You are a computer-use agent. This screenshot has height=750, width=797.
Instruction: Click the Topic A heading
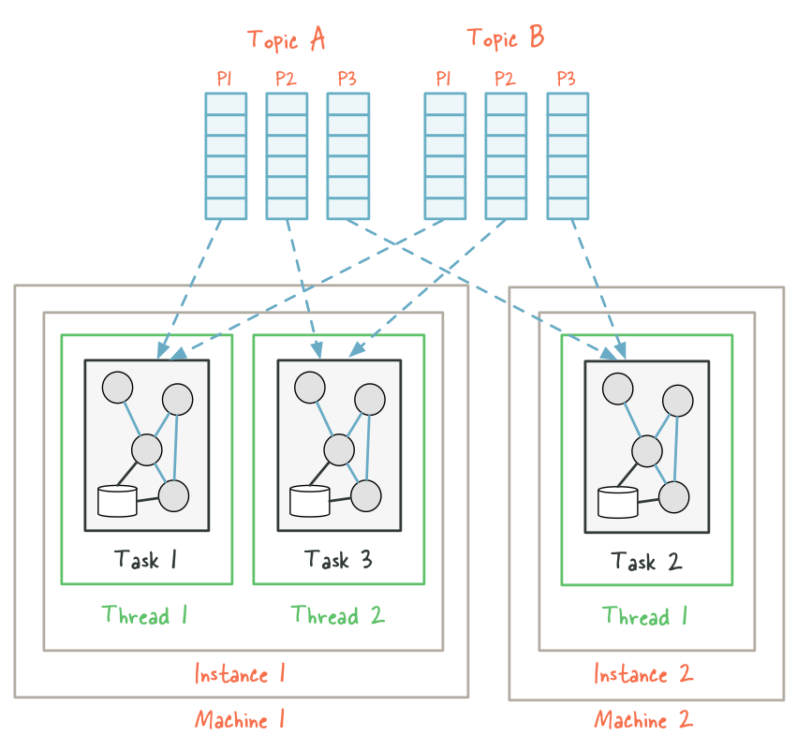[286, 39]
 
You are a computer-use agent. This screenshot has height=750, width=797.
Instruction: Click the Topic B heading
[505, 38]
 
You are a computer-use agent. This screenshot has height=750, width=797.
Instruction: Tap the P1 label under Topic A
[225, 79]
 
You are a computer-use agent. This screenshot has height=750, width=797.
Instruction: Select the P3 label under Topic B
[566, 79]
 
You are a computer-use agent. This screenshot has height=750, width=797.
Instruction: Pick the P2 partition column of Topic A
[287, 155]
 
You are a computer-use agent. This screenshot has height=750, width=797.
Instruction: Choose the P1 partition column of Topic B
[445, 155]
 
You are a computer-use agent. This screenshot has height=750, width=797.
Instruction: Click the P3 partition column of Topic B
[568, 155]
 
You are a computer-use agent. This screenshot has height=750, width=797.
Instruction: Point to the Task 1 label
[146, 560]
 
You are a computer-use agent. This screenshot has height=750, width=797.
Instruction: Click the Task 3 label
[338, 560]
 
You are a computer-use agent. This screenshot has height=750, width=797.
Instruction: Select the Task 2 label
[646, 562]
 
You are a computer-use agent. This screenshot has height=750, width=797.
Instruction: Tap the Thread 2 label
[337, 616]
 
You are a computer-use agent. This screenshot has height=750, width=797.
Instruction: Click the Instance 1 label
[240, 673]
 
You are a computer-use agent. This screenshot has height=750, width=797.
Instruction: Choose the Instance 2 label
[643, 674]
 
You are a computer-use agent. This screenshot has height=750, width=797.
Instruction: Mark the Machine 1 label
[240, 720]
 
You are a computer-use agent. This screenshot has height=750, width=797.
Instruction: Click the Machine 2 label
[643, 721]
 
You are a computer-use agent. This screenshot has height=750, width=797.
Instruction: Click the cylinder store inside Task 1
[117, 501]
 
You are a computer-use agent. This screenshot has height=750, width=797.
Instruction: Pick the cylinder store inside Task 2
[617, 502]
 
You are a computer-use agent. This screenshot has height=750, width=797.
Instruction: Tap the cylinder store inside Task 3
[309, 501]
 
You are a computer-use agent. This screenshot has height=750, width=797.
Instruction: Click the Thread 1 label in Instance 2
[646, 617]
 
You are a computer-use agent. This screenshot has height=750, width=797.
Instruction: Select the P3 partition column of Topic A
[347, 155]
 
